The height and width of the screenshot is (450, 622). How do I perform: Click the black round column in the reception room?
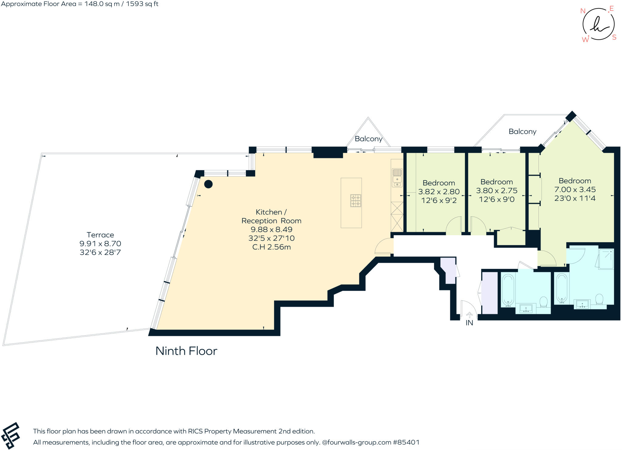[x=208, y=184]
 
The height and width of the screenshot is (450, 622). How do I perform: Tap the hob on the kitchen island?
[x=356, y=201]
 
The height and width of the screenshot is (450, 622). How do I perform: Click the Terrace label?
[x=100, y=235]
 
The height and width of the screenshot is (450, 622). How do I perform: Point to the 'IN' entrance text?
[x=469, y=323]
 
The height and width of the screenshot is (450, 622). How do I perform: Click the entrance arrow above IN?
[x=469, y=315]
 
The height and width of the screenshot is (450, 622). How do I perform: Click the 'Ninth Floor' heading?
[x=186, y=351]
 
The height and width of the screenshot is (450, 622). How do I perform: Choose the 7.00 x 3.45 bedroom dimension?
[x=575, y=190]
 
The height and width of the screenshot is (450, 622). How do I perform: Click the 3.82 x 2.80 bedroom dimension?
[x=439, y=192]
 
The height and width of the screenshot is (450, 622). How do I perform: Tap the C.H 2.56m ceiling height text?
[x=272, y=247]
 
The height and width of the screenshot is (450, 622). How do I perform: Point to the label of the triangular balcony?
[x=368, y=139]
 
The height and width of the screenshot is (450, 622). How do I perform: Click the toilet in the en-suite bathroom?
[x=599, y=299]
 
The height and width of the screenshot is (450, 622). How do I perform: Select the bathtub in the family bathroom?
[x=508, y=290]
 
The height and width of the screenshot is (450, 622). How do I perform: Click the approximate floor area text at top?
[x=80, y=4]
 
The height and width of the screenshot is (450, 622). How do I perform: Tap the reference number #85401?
[x=406, y=442]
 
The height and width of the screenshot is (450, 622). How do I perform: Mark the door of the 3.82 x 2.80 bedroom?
[x=453, y=226]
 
